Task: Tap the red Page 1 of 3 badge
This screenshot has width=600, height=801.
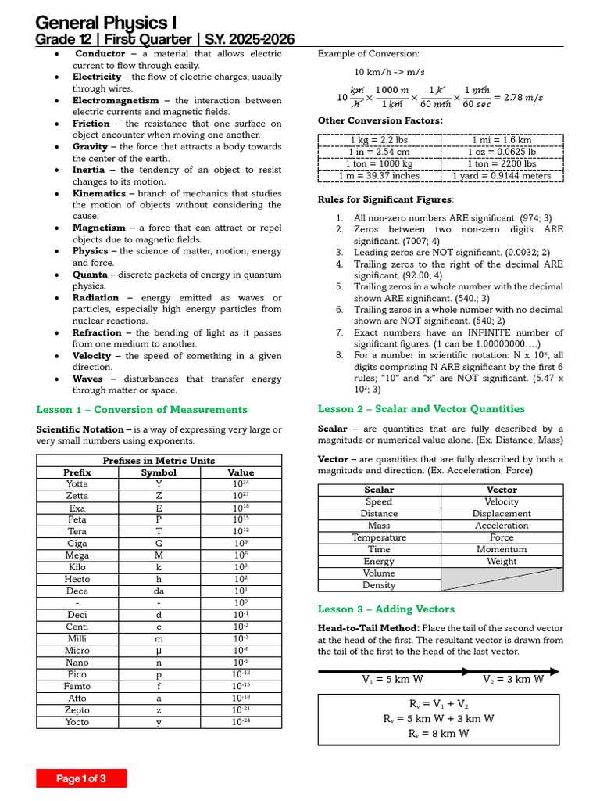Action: (81, 778)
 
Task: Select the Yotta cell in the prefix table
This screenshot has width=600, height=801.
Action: (77, 484)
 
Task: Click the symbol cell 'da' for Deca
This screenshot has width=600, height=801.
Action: (159, 591)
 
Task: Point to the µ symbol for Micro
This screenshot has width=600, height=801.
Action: (159, 651)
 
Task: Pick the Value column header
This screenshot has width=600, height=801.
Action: (241, 472)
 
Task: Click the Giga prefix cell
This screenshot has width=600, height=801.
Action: (77, 544)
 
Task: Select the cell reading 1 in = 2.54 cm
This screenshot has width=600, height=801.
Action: (379, 152)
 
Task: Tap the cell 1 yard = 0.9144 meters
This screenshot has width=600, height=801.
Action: (502, 175)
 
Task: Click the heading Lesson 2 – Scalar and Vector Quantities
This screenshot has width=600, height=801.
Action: (421, 409)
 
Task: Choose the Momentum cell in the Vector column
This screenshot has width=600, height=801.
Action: (502, 549)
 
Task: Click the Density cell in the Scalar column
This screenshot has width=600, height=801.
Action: (379, 585)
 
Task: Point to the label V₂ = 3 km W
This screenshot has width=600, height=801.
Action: (513, 680)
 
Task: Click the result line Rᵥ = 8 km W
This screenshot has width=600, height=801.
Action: (439, 734)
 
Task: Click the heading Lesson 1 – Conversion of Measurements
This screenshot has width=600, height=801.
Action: (142, 410)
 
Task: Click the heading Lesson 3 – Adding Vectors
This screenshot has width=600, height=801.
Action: (386, 609)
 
